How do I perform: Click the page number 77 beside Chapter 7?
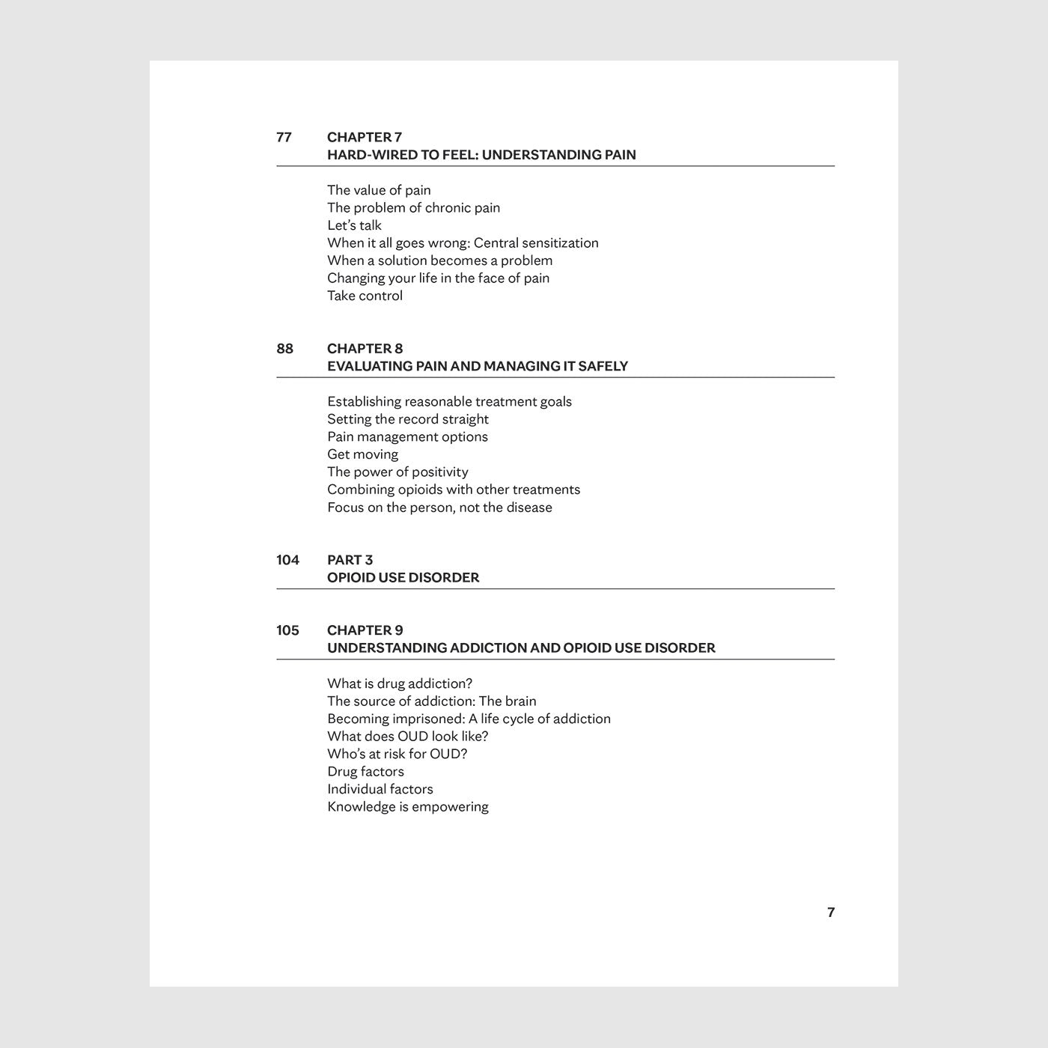tap(284, 137)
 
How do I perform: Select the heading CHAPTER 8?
tap(365, 348)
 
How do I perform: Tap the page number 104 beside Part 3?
tap(287, 560)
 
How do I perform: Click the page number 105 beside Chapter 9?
tap(287, 630)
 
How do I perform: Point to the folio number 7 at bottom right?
tap(830, 913)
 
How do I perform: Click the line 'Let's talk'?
tap(354, 225)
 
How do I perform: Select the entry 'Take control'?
tap(365, 296)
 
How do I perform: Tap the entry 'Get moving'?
tap(362, 454)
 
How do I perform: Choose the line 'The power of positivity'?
tap(397, 472)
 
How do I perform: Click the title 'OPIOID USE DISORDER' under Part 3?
tap(403, 577)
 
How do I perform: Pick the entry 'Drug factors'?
tap(365, 772)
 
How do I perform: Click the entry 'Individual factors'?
tap(380, 789)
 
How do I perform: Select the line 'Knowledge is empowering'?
tap(407, 807)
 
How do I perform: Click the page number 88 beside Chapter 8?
tap(284, 348)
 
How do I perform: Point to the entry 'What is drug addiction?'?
tap(400, 683)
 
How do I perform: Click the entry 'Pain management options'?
tap(407, 437)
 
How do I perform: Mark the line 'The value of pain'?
tap(379, 190)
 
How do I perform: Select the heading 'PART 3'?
tap(350, 560)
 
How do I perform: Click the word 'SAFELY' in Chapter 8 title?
tap(603, 366)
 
